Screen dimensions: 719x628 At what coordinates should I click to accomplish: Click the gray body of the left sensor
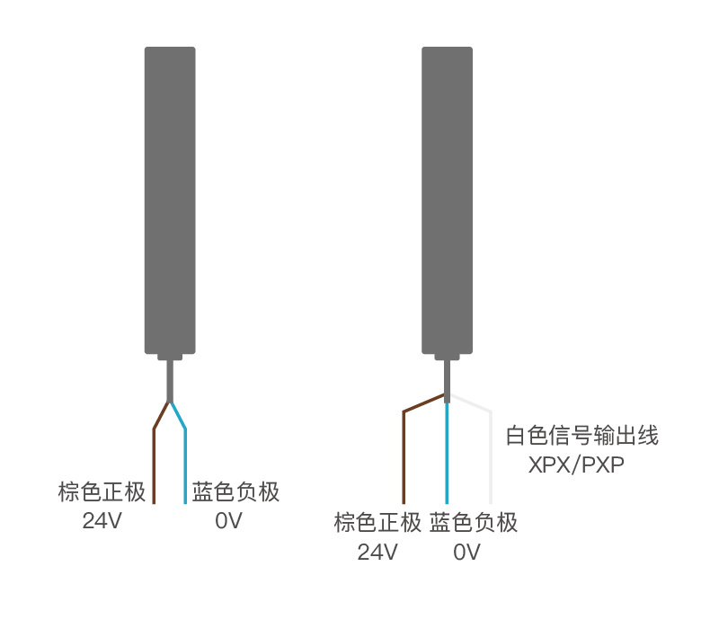(x=170, y=200)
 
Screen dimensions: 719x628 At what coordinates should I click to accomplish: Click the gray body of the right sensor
(x=447, y=200)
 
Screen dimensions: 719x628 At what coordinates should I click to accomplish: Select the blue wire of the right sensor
(x=447, y=453)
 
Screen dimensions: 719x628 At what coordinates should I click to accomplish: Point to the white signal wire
(x=491, y=454)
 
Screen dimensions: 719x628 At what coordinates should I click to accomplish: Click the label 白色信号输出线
(x=582, y=436)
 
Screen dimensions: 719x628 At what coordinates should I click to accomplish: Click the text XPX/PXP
(x=576, y=464)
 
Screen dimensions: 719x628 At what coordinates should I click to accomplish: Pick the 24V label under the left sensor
(x=102, y=521)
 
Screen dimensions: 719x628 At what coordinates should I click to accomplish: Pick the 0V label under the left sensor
(x=228, y=521)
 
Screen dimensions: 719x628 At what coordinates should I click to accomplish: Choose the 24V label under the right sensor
(x=377, y=552)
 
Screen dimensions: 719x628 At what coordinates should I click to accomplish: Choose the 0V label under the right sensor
(x=466, y=552)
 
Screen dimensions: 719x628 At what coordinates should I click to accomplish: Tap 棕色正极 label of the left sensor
(x=102, y=491)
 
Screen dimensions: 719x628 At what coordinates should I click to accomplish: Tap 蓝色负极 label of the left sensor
(x=235, y=491)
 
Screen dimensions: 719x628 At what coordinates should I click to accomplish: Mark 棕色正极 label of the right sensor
(x=377, y=523)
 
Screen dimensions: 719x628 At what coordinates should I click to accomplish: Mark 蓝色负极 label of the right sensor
(x=474, y=523)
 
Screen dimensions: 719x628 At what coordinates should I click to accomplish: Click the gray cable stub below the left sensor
(x=170, y=381)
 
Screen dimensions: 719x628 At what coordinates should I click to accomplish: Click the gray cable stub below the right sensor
(x=447, y=381)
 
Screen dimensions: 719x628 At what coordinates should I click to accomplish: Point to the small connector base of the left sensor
(x=170, y=357)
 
